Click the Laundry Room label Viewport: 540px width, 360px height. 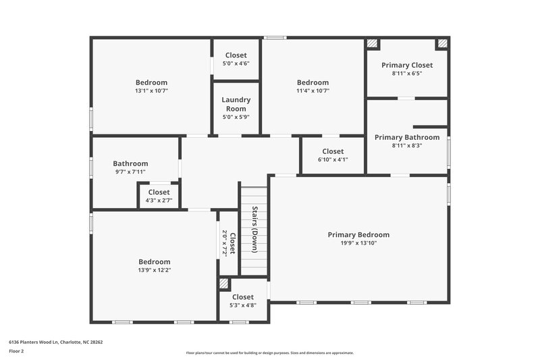(x=236, y=104)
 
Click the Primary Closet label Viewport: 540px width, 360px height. (x=407, y=65)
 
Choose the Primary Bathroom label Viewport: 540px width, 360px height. (x=407, y=137)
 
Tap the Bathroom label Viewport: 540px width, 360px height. (x=130, y=163)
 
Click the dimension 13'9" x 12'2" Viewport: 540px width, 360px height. (x=155, y=270)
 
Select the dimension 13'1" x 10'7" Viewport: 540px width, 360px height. (x=151, y=91)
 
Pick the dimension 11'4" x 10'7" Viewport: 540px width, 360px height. (x=313, y=91)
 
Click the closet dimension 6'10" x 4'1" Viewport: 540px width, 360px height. (x=333, y=160)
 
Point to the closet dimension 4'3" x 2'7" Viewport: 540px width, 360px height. (x=159, y=201)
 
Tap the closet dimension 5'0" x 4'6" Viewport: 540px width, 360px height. (x=236, y=63)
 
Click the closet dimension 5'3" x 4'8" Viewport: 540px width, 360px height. (x=243, y=305)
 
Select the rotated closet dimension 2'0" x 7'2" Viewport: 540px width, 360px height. (x=225, y=243)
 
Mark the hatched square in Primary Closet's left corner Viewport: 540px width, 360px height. (x=373, y=45)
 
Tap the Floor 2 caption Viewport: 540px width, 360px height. (x=16, y=351)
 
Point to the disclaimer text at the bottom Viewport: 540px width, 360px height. (x=269, y=353)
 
